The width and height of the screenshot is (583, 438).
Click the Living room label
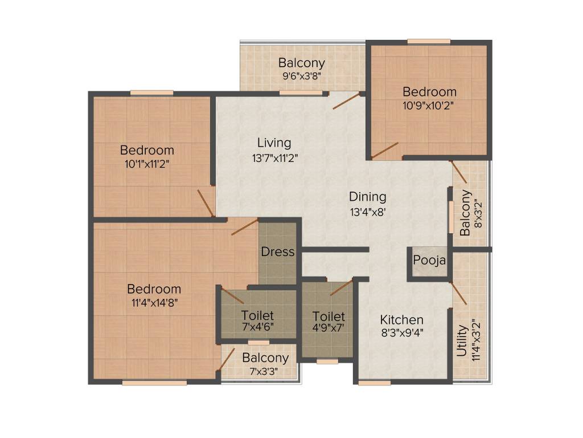(274, 143)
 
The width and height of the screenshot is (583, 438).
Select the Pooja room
(429, 261)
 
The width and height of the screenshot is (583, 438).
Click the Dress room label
(278, 252)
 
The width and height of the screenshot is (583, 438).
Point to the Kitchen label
(401, 319)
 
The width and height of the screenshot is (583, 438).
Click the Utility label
(462, 341)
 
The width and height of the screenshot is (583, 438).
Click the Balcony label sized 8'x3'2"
(466, 213)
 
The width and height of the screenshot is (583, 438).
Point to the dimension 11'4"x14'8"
(154, 303)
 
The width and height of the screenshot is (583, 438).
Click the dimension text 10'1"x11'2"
(147, 163)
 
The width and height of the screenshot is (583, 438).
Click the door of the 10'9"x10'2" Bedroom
(385, 150)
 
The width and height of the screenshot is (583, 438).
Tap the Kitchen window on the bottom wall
(374, 383)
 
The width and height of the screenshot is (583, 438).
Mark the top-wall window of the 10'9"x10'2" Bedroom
(429, 41)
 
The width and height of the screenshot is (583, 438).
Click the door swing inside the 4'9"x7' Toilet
(341, 287)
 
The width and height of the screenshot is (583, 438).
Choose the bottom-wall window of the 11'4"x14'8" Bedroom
(154, 383)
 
